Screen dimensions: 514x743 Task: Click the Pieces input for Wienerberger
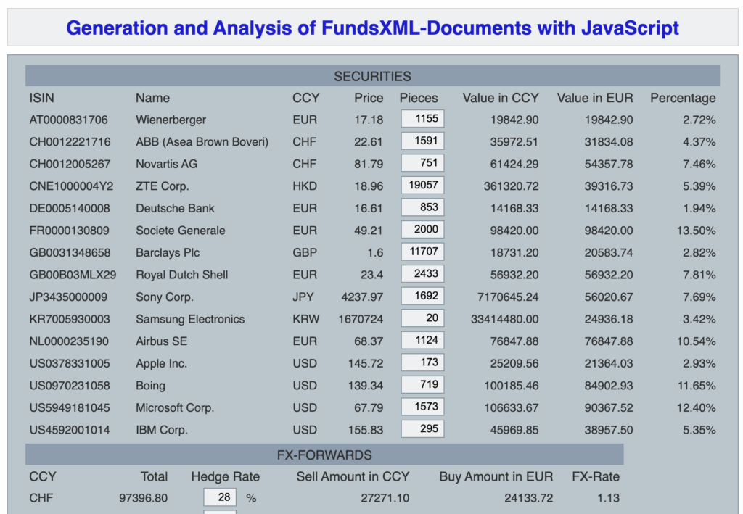tap(422, 119)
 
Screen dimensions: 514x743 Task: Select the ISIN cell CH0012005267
tap(70, 164)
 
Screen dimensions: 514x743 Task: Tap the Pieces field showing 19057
tap(422, 186)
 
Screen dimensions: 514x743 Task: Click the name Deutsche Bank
tap(175, 208)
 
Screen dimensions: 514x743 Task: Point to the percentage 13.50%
tap(697, 231)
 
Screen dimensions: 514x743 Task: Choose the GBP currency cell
tap(304, 252)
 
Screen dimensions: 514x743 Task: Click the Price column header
tap(369, 98)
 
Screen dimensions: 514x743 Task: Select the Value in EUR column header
tap(594, 98)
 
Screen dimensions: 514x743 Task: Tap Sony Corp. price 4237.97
tap(361, 297)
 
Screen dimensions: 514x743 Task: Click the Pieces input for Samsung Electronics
tap(422, 319)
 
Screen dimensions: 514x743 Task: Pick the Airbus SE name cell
tap(162, 341)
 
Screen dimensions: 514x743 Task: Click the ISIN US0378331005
tap(70, 363)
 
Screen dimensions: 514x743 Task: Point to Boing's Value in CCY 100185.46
tap(512, 386)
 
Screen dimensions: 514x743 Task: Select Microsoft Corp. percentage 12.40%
tap(697, 407)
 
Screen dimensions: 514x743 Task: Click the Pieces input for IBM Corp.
tap(422, 429)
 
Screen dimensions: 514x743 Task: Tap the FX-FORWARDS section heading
tap(324, 455)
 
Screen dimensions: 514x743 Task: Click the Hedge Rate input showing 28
tap(220, 498)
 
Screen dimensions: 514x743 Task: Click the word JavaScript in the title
tap(630, 28)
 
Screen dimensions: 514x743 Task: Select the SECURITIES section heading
tap(372, 76)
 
